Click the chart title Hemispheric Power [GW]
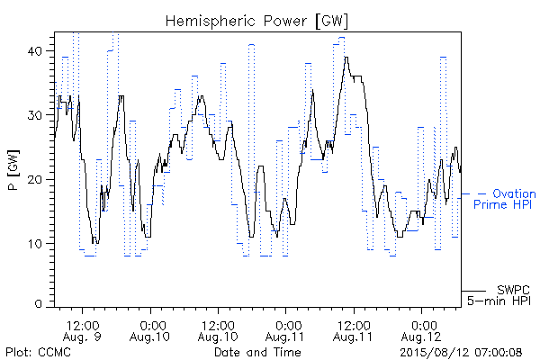click(256, 22)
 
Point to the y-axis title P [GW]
click(13, 170)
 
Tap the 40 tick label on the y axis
click(34, 51)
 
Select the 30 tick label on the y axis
click(34, 115)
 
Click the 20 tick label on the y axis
click(34, 179)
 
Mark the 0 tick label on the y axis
click(38, 303)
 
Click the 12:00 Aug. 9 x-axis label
click(82, 331)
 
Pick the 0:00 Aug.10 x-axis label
click(150, 331)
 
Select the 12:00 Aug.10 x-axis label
click(218, 331)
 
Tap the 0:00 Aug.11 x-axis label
click(285, 331)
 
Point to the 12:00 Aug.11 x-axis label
click(353, 331)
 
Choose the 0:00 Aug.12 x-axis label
click(421, 331)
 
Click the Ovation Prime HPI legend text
click(504, 199)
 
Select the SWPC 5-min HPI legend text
click(499, 295)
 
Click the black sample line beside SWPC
click(474, 291)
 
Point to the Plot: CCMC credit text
click(38, 353)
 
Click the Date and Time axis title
click(257, 352)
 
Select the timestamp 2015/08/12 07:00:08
click(461, 353)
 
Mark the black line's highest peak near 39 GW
click(346, 58)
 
